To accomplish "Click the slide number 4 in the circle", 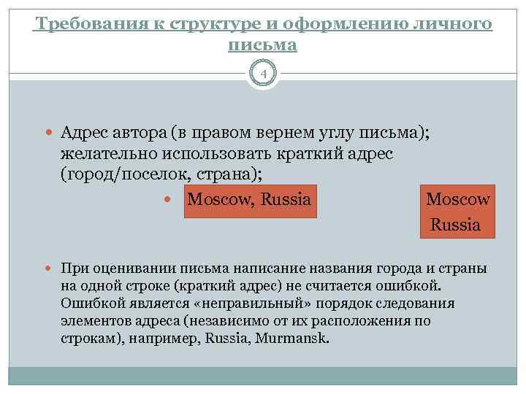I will [263, 74].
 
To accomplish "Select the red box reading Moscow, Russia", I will [249, 199].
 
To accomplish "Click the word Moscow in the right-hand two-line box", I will [458, 199].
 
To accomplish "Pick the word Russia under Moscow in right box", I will [456, 225].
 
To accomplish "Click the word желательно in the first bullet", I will [103, 155].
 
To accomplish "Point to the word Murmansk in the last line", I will [299, 339].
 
